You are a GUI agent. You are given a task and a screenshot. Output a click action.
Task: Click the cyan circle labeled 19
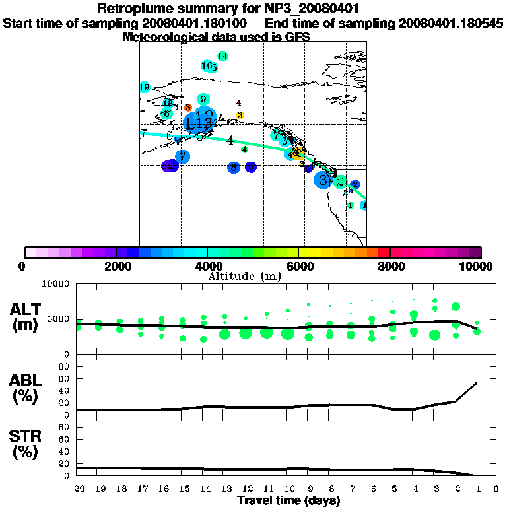pyautogui.click(x=145, y=87)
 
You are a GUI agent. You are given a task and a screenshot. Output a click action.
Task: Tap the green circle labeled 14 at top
pyautogui.click(x=222, y=56)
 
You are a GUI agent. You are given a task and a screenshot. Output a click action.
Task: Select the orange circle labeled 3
pyautogui.click(x=188, y=107)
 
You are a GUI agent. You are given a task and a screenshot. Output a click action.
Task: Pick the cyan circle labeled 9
pyautogui.click(x=203, y=99)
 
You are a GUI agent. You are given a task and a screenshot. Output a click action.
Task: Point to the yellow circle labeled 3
pyautogui.click(x=240, y=115)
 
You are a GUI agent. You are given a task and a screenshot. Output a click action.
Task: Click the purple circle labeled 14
pyautogui.click(x=169, y=166)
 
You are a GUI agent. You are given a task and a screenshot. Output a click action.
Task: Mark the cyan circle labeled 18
pyautogui.click(x=168, y=104)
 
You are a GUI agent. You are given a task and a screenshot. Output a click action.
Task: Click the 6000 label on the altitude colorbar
pyautogui.click(x=299, y=266)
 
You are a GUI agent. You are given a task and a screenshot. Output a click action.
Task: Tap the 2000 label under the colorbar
pyautogui.click(x=116, y=266)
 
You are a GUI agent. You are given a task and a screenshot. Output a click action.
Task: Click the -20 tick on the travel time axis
pyautogui.click(x=77, y=489)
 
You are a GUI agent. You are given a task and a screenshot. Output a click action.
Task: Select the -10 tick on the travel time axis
pyautogui.click(x=287, y=489)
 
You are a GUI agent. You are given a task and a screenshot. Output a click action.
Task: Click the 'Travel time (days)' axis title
pyautogui.click(x=288, y=500)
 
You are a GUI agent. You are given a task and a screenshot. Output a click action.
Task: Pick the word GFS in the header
pyautogui.click(x=296, y=37)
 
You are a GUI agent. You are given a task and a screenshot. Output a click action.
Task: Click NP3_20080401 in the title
pyautogui.click(x=300, y=9)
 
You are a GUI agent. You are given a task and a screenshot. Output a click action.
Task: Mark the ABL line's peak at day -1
pyautogui.click(x=477, y=382)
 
